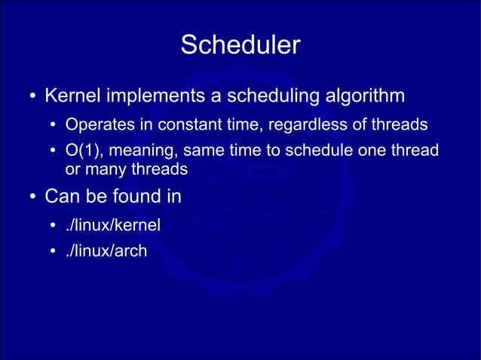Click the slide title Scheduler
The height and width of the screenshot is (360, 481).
(x=240, y=45)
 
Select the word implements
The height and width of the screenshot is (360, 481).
(x=151, y=97)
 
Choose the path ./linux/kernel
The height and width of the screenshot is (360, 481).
(x=113, y=224)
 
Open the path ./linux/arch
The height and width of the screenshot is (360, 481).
(x=106, y=251)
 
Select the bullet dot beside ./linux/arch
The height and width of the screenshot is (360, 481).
(x=54, y=252)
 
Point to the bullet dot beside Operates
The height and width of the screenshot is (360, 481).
(x=54, y=125)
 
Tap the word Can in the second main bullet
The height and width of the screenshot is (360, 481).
(x=61, y=197)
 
